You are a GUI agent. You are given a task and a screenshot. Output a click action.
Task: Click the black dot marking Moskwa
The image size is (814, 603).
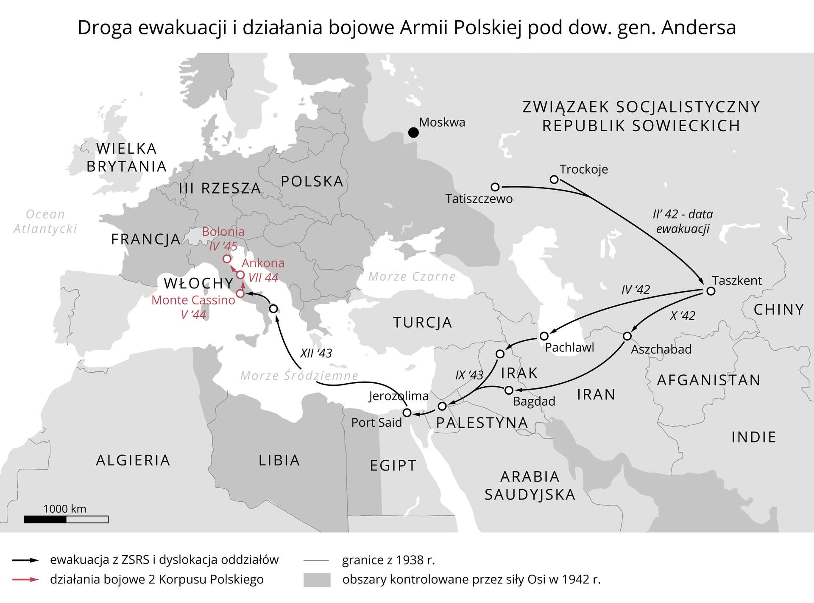click(x=413, y=133)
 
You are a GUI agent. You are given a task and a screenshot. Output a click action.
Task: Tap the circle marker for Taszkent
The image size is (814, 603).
click(x=711, y=291)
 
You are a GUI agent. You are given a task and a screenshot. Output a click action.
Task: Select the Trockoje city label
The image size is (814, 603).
click(x=583, y=169)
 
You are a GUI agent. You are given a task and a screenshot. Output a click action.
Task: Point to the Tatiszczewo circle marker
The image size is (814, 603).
click(x=495, y=187)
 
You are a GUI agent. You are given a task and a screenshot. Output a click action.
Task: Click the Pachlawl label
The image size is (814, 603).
click(x=569, y=348)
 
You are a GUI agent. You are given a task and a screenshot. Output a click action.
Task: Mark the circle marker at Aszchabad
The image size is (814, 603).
click(x=627, y=336)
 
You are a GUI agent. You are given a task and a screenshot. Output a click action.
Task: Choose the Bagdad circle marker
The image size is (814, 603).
click(x=509, y=390)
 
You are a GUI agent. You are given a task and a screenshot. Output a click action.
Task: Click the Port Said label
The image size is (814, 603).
click(x=376, y=423)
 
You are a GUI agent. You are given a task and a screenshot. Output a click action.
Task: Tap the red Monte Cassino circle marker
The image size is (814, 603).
click(x=240, y=293)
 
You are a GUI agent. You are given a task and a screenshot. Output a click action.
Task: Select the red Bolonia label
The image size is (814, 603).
click(x=223, y=232)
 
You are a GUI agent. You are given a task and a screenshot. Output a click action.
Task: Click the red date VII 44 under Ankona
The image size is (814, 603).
click(x=263, y=278)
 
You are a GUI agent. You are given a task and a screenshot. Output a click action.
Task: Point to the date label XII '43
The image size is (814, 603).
click(x=316, y=353)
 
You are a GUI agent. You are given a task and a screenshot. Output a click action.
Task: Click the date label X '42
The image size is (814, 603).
click(x=683, y=316)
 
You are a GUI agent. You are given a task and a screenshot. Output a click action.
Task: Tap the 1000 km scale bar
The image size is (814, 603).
click(x=66, y=519)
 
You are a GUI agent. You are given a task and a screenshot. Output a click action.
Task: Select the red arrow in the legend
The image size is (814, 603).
click(x=25, y=579)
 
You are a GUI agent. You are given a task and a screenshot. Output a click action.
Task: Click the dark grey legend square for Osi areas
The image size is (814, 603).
click(x=317, y=580)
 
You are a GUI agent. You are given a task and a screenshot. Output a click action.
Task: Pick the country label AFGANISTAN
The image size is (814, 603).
click(x=708, y=380)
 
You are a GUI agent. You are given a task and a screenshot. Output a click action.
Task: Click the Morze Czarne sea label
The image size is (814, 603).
click(x=412, y=277)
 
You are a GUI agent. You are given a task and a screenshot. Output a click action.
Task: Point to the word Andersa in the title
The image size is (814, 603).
click(x=698, y=28)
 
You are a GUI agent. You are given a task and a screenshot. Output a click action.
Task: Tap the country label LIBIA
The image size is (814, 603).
click(x=279, y=460)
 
